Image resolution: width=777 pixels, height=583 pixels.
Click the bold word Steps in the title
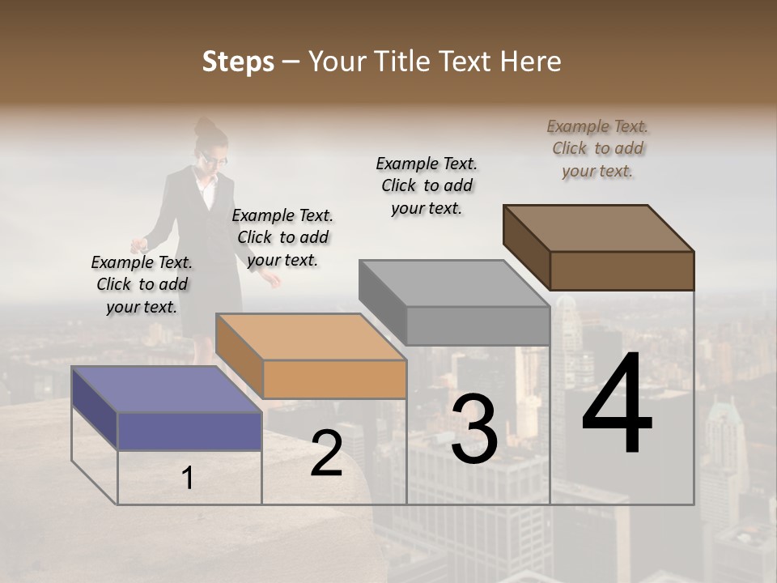pos(238,62)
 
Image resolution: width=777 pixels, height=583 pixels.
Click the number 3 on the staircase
pos(474,429)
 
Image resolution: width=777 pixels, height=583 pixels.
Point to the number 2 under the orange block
pos(326,453)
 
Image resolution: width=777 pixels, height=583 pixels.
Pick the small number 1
pos(188,479)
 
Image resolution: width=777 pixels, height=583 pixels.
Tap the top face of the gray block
pos(454,283)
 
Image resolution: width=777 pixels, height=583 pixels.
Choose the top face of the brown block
pos(599,228)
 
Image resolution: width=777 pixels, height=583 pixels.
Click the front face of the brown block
pos(622,270)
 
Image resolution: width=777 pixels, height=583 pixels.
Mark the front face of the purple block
pos(189,431)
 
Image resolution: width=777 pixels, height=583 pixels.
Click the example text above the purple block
pos(142,284)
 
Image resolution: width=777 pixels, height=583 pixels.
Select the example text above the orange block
pos(282,237)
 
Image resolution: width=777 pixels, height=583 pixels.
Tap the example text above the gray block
pos(427,185)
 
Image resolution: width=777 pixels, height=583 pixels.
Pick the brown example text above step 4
pos(597,148)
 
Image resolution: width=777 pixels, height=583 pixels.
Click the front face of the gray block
pos(478,326)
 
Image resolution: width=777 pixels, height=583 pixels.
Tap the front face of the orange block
pos(334,379)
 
